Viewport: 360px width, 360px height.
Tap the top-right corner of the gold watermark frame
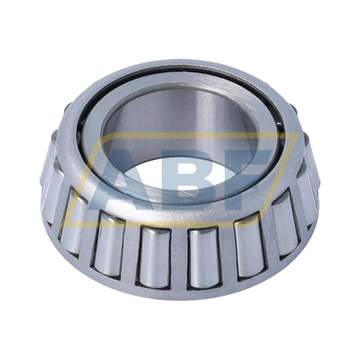click(x=299, y=132)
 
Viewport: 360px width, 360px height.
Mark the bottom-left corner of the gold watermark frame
click(x=63, y=226)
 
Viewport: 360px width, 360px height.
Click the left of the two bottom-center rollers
click(x=153, y=257)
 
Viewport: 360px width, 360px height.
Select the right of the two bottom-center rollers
click(x=204, y=257)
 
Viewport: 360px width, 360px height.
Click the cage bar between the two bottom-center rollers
click(x=179, y=258)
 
